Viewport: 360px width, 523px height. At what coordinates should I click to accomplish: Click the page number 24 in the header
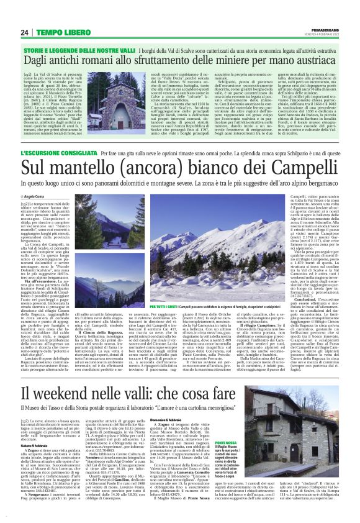(24, 32)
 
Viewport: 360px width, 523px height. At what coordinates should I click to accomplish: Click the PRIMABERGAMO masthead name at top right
(323, 29)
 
